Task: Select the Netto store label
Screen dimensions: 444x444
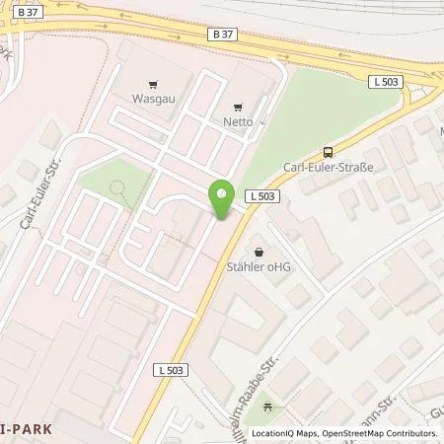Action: pyautogui.click(x=237, y=121)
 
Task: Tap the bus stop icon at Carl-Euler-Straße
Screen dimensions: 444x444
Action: pyautogui.click(x=328, y=152)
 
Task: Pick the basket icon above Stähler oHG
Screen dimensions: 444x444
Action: pyautogui.click(x=259, y=251)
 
